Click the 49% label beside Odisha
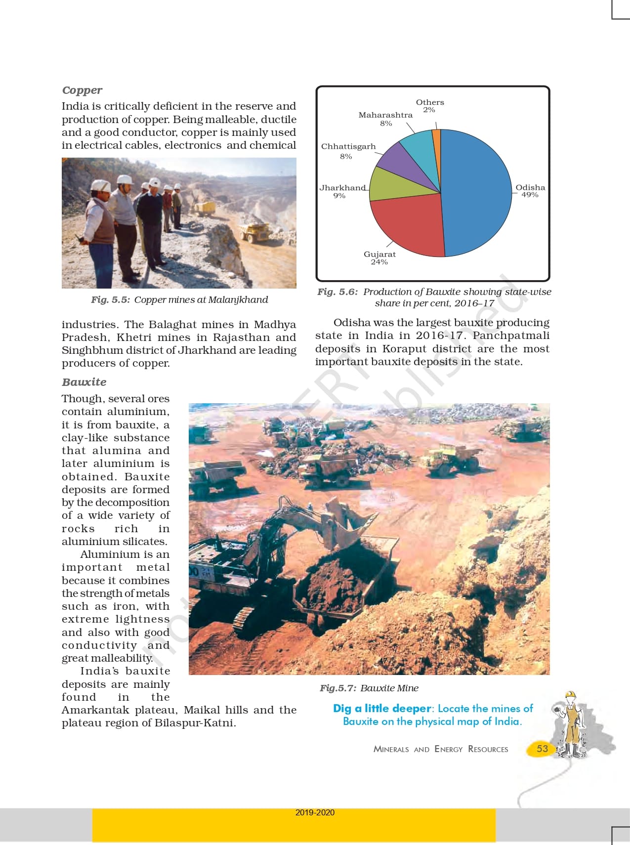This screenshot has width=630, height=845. tap(530, 195)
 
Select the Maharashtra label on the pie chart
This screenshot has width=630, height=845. tap(385, 115)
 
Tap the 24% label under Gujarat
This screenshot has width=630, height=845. tap(379, 262)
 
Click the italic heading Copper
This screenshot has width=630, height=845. tap(82, 90)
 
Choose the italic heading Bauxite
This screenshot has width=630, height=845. tap(84, 382)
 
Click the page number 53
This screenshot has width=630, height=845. tap(542, 749)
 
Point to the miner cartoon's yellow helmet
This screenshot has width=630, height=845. tap(571, 695)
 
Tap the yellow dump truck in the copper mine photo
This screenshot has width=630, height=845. tap(255, 231)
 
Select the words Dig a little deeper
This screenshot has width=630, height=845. tap(381, 709)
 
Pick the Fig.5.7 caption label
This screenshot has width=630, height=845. tap(337, 688)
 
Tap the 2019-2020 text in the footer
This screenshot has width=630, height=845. tap(315, 812)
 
